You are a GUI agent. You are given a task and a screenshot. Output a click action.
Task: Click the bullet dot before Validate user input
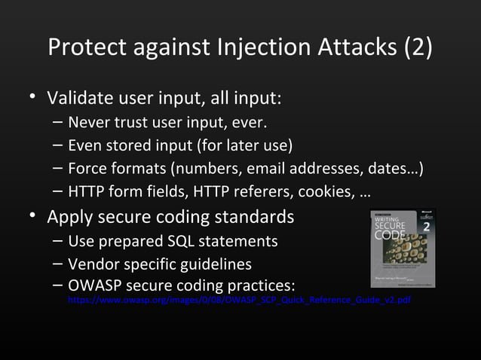(32, 99)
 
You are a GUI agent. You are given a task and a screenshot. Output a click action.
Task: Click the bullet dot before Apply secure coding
(32, 218)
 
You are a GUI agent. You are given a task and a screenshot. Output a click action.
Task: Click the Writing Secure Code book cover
(403, 247)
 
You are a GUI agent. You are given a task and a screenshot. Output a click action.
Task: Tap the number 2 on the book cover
(426, 227)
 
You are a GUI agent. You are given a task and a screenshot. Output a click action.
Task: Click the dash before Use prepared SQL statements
(58, 241)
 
